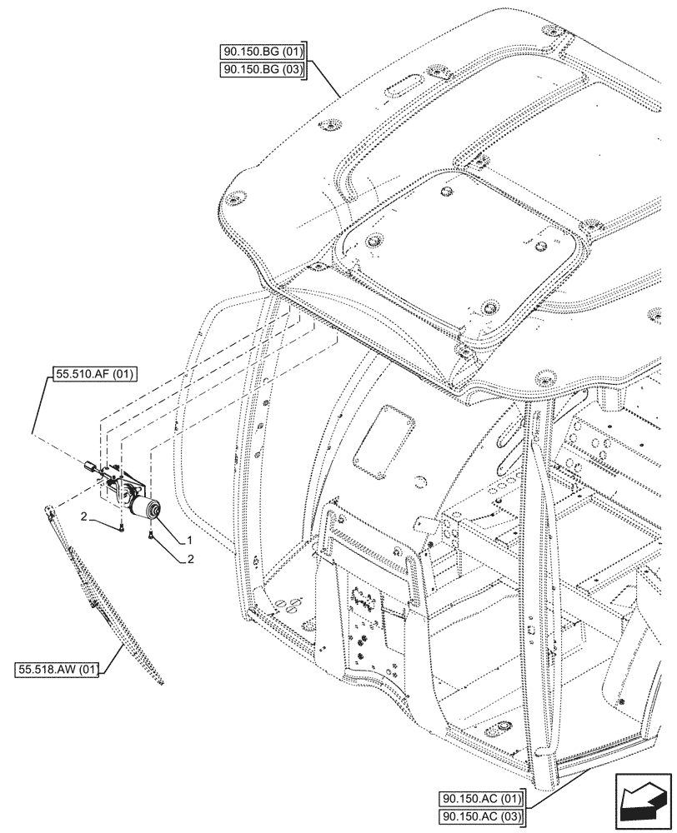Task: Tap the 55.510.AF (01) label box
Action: pos(93,376)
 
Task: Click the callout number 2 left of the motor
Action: pos(84,519)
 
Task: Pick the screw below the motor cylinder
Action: pos(151,536)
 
